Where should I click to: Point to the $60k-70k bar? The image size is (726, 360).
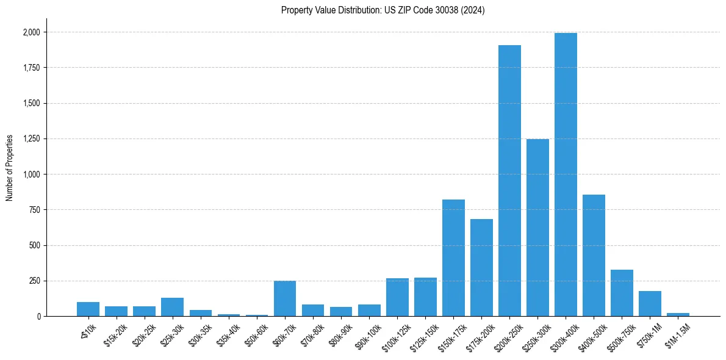(285, 298)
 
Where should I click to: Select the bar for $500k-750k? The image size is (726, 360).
(622, 293)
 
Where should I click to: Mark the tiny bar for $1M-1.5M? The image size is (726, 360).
(678, 314)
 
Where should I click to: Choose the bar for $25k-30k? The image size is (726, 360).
(172, 307)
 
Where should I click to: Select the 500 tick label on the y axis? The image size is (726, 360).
(34, 246)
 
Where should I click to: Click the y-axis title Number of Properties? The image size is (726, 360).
(9, 168)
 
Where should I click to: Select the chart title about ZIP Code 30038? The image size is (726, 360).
(383, 10)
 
